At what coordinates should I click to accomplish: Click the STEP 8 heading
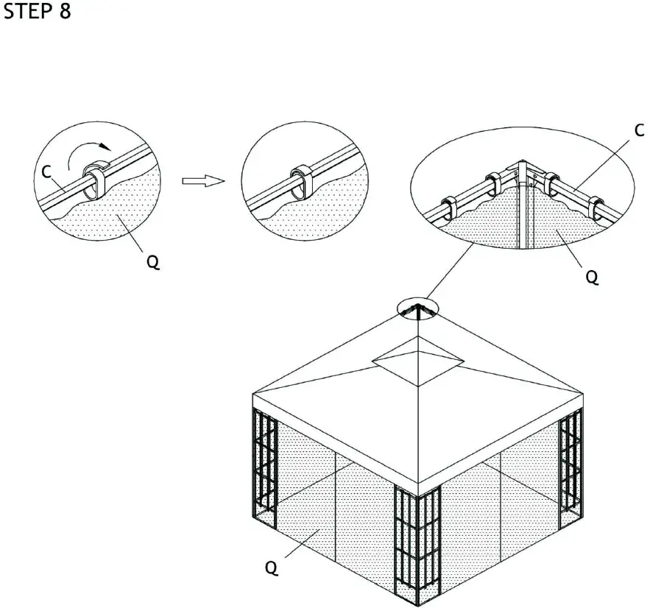(38, 13)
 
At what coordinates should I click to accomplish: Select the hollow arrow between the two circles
(203, 180)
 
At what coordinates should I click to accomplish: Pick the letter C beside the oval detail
(639, 131)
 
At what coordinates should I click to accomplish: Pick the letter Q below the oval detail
(591, 278)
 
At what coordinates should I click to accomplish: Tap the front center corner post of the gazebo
(417, 545)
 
